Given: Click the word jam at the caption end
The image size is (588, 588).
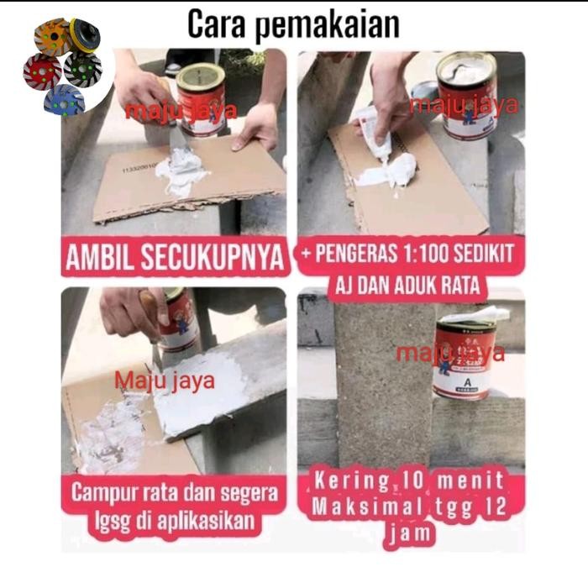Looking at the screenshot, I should pyautogui.click(x=410, y=534).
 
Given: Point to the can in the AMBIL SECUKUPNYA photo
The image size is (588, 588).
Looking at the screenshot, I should pyautogui.click(x=201, y=98).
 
